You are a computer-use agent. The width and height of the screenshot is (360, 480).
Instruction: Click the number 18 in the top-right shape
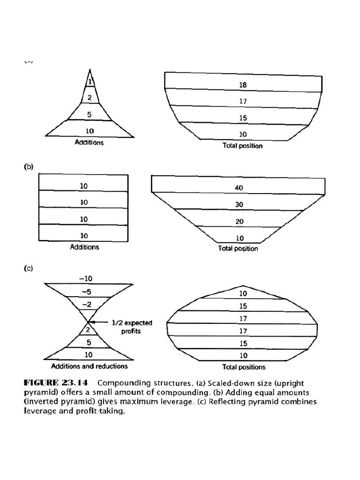[x=242, y=85]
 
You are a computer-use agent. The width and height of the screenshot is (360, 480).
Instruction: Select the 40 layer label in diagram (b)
[x=239, y=188]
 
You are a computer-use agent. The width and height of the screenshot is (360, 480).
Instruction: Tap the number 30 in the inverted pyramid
[x=239, y=205]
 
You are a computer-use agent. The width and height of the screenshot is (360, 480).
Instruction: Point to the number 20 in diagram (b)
[x=239, y=222]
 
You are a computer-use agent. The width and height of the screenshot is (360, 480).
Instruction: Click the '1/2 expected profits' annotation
[x=132, y=327]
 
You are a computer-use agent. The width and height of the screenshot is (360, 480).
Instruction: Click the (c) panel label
[x=29, y=269]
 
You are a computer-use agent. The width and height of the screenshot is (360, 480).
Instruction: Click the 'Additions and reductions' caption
[x=89, y=366]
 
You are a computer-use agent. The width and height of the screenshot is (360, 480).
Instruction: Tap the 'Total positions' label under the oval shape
[x=244, y=367]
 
